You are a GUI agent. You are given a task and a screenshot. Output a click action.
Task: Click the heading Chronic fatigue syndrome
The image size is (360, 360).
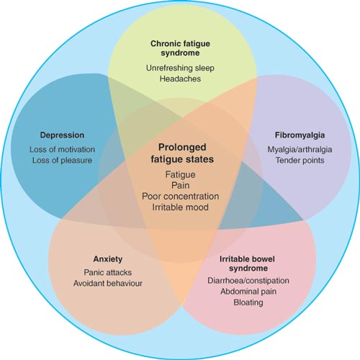pyautogui.click(x=180, y=48)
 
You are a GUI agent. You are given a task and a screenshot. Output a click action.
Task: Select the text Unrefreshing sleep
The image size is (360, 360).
pyautogui.click(x=180, y=68)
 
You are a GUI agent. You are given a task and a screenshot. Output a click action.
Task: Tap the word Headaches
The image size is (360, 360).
pyautogui.click(x=180, y=78)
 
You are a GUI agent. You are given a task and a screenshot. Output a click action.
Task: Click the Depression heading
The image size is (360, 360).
pyautogui.click(x=62, y=135)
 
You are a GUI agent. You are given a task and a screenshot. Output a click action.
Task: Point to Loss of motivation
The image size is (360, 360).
pyautogui.click(x=62, y=150)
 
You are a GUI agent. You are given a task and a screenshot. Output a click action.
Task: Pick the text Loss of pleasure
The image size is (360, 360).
pyautogui.click(x=62, y=161)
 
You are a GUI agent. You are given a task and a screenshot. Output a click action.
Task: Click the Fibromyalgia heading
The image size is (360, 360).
pyautogui.click(x=300, y=135)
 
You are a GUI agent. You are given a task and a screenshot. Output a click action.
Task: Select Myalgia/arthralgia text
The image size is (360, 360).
pyautogui.click(x=300, y=150)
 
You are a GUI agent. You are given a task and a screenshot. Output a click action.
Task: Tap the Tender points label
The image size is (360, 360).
pyautogui.click(x=300, y=161)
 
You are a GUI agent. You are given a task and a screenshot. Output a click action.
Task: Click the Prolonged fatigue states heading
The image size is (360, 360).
pyautogui.click(x=182, y=153)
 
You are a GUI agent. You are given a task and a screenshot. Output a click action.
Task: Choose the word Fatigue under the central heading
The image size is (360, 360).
pyautogui.click(x=180, y=174)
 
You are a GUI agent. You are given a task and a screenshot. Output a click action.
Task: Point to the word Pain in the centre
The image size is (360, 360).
pyautogui.click(x=180, y=185)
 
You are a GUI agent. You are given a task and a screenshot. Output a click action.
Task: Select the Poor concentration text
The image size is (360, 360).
pyautogui.click(x=180, y=197)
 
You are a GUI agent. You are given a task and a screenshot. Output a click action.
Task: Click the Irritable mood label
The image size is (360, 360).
pyautogui.click(x=180, y=207)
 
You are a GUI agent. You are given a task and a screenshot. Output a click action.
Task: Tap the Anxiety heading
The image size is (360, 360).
pyautogui.click(x=108, y=259)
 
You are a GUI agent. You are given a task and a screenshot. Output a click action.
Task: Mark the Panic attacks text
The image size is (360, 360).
pyautogui.click(x=108, y=272)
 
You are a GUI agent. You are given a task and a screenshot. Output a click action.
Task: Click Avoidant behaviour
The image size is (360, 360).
pyautogui.click(x=108, y=284)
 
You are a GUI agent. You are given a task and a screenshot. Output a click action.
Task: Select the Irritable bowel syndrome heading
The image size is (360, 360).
pyautogui.click(x=248, y=264)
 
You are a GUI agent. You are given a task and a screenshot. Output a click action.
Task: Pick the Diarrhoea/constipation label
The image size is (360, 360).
pyautogui.click(x=248, y=281)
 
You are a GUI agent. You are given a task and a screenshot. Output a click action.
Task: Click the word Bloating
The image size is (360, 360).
pyautogui.click(x=248, y=302)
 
